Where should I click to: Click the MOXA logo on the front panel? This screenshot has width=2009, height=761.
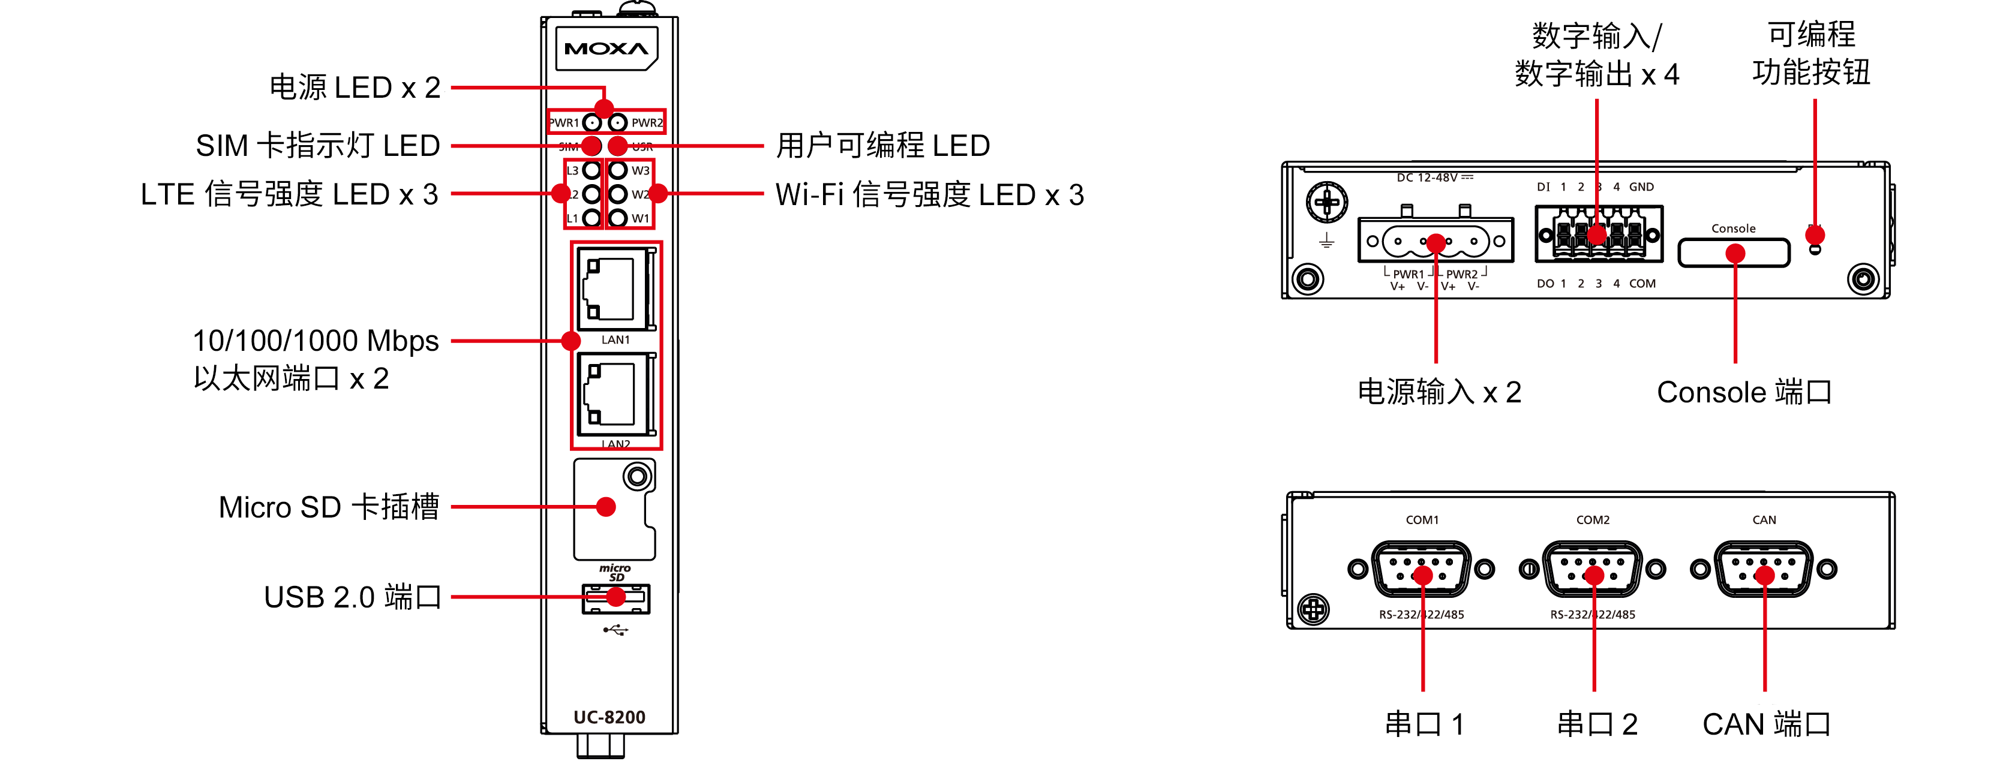pos(606,49)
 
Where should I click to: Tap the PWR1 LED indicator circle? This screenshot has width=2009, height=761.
pos(592,123)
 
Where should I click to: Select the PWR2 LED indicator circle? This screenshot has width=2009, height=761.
pos(618,123)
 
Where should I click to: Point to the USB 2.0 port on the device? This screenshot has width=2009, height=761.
pos(615,598)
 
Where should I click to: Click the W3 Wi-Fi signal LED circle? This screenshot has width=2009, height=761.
pos(618,170)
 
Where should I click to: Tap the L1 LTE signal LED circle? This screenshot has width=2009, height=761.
pos(592,218)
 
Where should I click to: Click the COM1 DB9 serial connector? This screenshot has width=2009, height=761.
pos(1421,569)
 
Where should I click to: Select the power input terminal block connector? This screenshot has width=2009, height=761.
pos(1436,241)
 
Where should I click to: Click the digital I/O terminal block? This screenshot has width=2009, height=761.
pos(1599,233)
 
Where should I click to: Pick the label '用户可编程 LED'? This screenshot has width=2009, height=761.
pos(883,146)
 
